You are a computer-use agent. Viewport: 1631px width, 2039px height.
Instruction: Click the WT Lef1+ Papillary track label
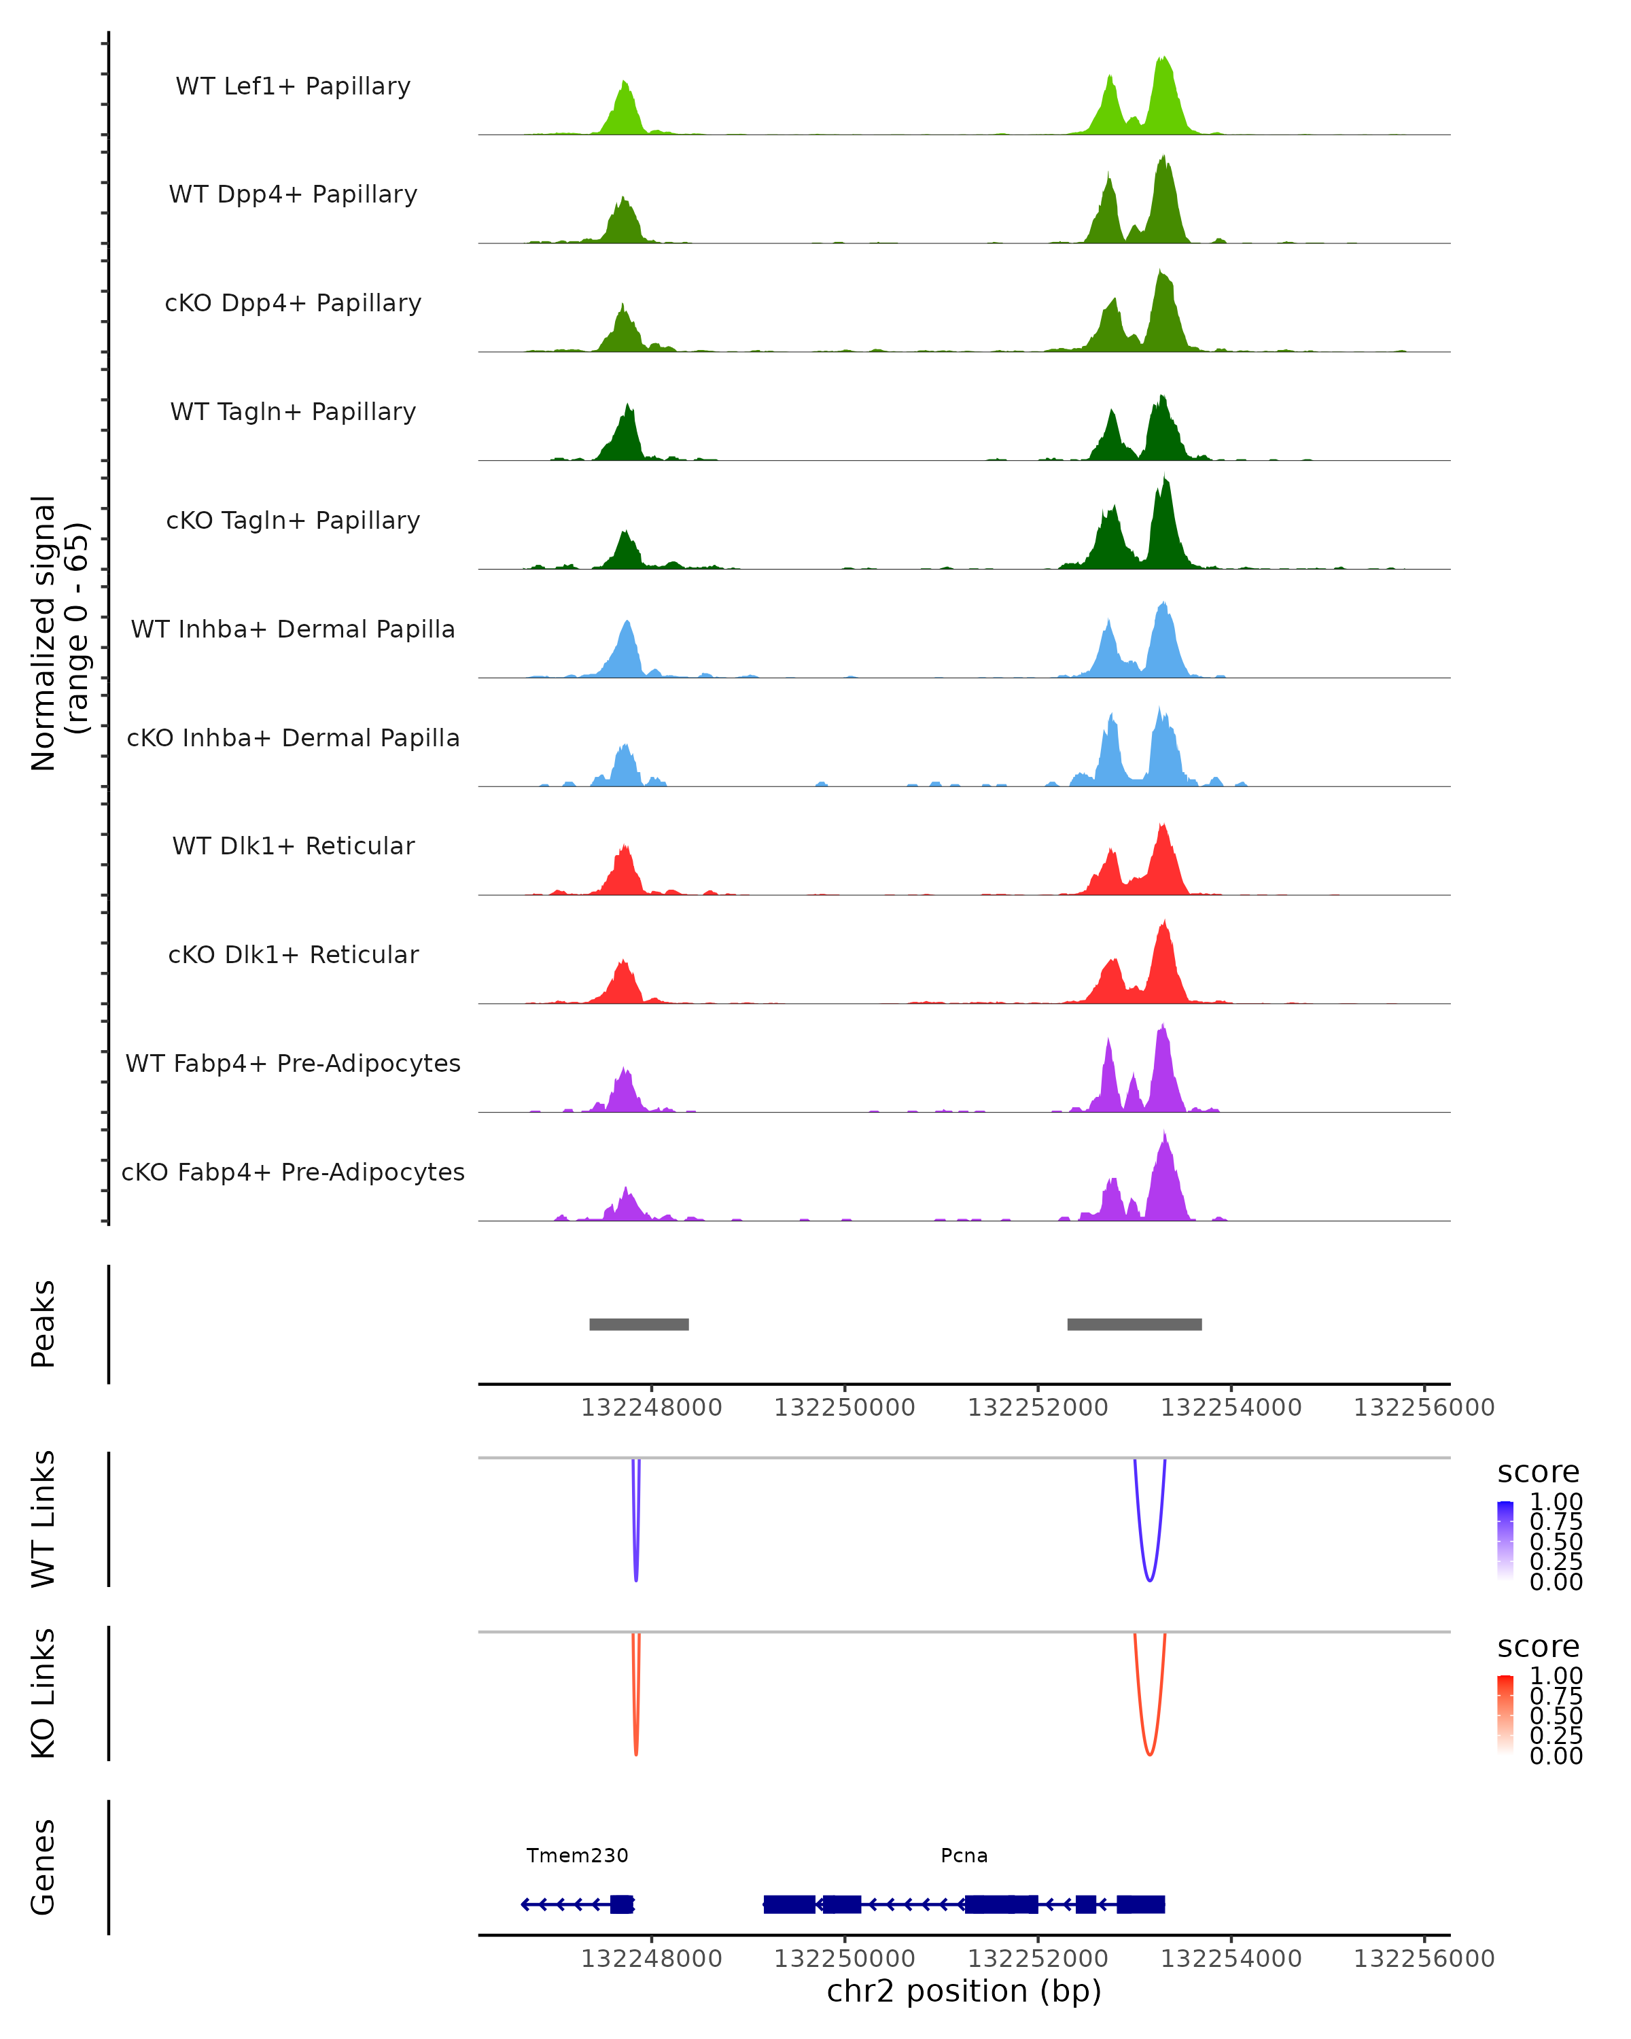[293, 86]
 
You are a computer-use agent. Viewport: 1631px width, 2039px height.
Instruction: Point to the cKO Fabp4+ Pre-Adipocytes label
[293, 1172]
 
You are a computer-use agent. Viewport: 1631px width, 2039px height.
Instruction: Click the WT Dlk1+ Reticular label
[293, 846]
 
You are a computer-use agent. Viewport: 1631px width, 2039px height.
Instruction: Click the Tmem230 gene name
[577, 1855]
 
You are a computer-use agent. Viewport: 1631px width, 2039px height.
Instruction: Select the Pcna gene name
[964, 1855]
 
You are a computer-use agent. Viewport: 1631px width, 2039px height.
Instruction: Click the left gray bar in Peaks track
[639, 1324]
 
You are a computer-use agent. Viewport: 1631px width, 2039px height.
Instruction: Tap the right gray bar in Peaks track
[1135, 1324]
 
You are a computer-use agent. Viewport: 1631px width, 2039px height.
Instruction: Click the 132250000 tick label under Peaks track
[844, 1408]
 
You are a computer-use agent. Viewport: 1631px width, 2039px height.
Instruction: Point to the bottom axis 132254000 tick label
[1231, 1959]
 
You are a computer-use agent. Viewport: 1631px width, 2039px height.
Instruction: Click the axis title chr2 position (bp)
[964, 1991]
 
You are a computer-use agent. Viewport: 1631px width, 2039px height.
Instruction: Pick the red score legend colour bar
[1505, 1715]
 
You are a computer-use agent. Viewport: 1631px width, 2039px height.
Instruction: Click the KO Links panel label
[43, 1693]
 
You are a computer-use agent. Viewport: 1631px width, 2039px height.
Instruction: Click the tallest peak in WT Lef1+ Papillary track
[1164, 58]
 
